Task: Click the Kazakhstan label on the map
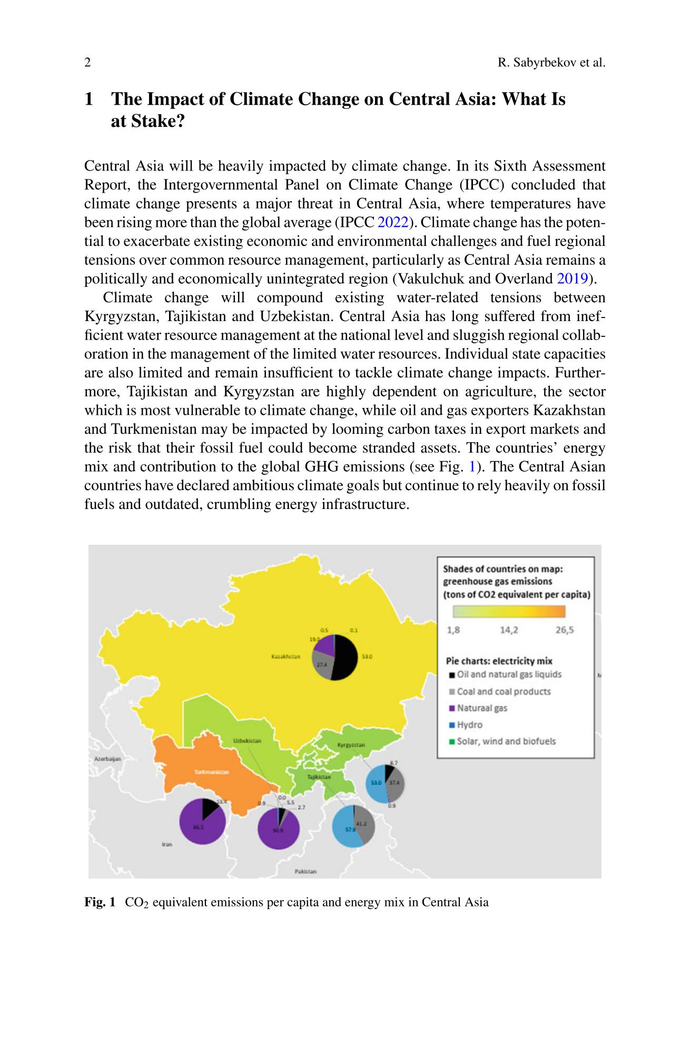285,656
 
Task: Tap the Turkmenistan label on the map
212,772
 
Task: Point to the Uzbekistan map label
247,741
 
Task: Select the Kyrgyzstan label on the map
351,745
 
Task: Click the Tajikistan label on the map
319,776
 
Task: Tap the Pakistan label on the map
305,871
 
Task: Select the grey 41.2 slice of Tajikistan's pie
364,825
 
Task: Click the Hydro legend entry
469,725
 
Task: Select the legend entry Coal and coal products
503,691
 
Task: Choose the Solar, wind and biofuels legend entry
506,741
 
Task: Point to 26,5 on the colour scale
564,630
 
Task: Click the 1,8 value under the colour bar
453,630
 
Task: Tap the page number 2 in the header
87,63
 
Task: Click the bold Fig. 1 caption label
100,902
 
